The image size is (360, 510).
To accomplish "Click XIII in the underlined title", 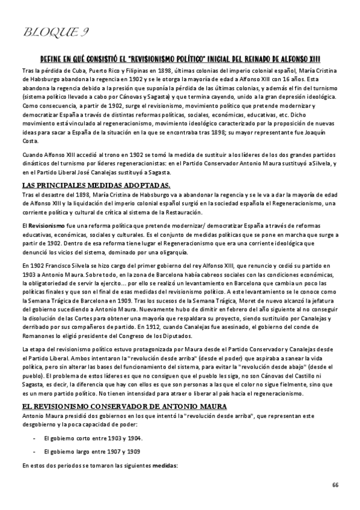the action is [311, 59].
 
